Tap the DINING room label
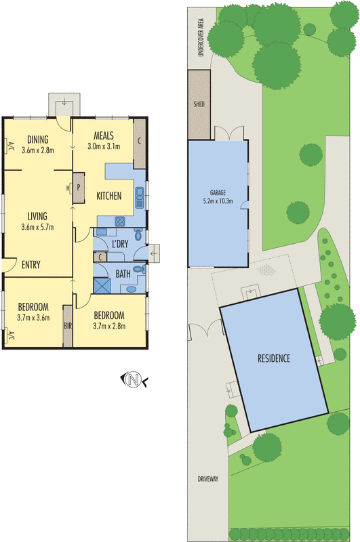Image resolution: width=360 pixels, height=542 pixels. (38, 140)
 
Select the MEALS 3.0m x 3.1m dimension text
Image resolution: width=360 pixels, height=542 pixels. (104, 146)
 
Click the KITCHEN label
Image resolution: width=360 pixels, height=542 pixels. (108, 196)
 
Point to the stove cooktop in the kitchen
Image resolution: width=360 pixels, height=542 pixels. (120, 221)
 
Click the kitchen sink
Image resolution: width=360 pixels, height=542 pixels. (138, 196)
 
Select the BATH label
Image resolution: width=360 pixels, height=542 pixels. (123, 274)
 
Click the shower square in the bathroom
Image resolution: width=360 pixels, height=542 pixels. (102, 285)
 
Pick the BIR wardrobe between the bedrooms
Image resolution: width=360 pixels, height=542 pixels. (67, 326)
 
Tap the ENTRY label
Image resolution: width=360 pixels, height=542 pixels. (31, 265)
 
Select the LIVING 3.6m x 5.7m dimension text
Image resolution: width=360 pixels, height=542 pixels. (37, 226)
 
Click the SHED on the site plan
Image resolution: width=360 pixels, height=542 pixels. (199, 105)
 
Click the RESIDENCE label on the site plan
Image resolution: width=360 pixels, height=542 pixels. (273, 358)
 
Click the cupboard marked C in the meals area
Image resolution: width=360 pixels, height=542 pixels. (139, 143)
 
